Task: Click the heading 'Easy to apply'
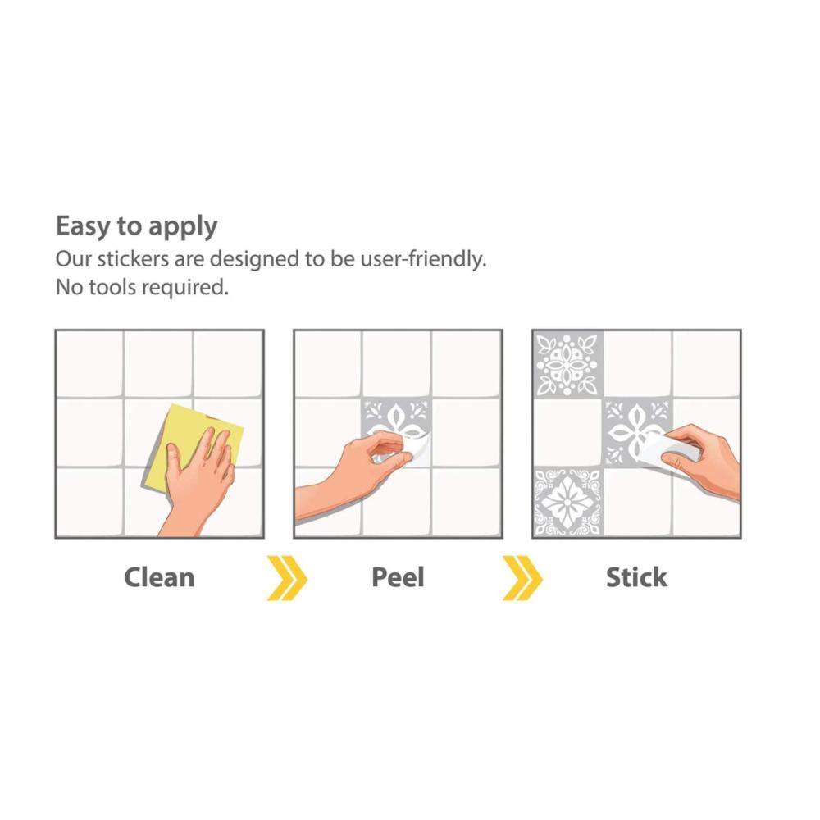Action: pyautogui.click(x=136, y=227)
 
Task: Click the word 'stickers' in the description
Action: pyautogui.click(x=134, y=259)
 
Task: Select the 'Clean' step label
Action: pyautogui.click(x=159, y=578)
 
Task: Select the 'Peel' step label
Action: pyautogui.click(x=398, y=578)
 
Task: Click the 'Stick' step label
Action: pyautogui.click(x=636, y=578)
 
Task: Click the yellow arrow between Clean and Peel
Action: pyautogui.click(x=286, y=578)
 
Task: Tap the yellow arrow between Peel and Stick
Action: pyautogui.click(x=522, y=578)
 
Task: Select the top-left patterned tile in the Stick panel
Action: pyautogui.click(x=568, y=365)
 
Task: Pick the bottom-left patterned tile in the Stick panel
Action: pyautogui.click(x=568, y=502)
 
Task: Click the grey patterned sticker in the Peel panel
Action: pyautogui.click(x=396, y=424)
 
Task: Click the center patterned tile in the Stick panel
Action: pyautogui.click(x=637, y=432)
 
